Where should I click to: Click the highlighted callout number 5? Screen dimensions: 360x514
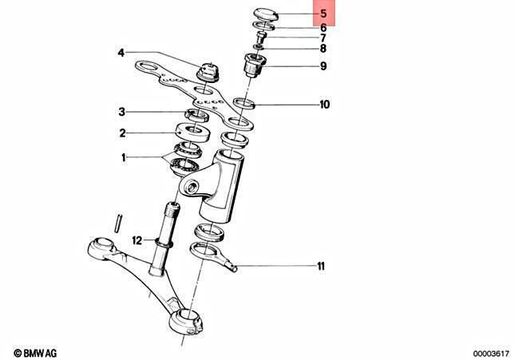click(x=322, y=14)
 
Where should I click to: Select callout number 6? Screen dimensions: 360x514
click(x=322, y=27)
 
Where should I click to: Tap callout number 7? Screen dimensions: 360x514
click(x=322, y=38)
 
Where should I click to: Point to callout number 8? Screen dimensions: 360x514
click(x=322, y=49)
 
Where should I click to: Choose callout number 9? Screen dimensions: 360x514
click(x=322, y=66)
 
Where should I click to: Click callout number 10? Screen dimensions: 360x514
click(x=325, y=105)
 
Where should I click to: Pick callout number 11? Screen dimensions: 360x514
click(x=322, y=266)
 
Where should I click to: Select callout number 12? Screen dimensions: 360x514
click(x=136, y=239)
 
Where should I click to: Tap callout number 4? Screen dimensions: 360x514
click(x=121, y=53)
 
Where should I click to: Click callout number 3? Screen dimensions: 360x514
click(x=122, y=112)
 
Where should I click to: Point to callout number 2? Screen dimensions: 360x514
click(x=122, y=133)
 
